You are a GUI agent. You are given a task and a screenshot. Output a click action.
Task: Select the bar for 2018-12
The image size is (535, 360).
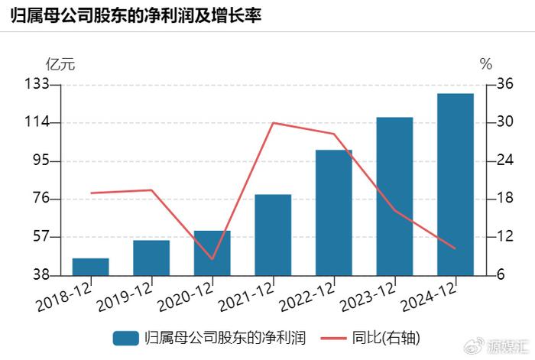tap(90, 267)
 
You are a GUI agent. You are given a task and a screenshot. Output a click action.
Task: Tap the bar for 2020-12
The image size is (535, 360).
tap(212, 252)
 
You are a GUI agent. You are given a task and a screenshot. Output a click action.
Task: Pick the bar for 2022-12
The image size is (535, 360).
tap(334, 212)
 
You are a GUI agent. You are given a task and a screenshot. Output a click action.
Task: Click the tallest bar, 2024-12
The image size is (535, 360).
tap(456, 184)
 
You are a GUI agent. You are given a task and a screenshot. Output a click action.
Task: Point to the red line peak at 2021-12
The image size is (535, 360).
tap(273, 122)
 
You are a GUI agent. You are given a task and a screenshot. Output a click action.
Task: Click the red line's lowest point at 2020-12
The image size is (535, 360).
tap(212, 259)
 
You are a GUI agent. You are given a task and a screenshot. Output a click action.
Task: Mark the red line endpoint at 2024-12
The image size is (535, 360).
tap(456, 248)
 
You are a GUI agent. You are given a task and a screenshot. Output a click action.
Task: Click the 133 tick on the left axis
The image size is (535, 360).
tap(38, 84)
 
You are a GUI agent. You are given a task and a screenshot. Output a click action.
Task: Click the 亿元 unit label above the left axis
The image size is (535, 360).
tap(60, 63)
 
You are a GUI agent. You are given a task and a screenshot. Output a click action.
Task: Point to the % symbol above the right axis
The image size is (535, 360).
tap(486, 63)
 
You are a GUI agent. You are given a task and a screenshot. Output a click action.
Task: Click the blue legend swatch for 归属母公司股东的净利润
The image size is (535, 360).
tap(126, 337)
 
